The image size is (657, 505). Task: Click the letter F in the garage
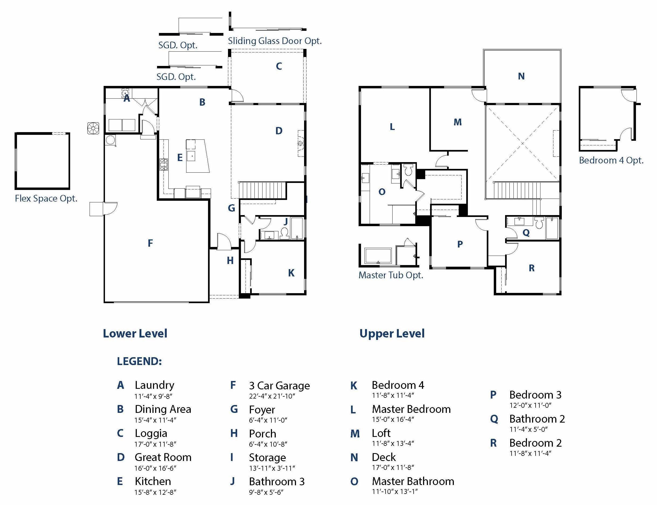pyautogui.click(x=150, y=243)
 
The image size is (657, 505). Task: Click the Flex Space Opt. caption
pyautogui.click(x=46, y=198)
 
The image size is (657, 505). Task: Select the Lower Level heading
pyautogui.click(x=135, y=333)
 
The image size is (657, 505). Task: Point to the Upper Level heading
pyautogui.click(x=392, y=333)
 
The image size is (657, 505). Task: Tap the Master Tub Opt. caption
pyautogui.click(x=391, y=275)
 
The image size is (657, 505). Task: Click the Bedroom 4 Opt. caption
pyautogui.click(x=611, y=160)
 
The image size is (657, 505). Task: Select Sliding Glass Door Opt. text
pyautogui.click(x=275, y=41)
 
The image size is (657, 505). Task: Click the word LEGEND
pyautogui.click(x=139, y=361)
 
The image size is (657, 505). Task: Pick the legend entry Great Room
pyautogui.click(x=163, y=457)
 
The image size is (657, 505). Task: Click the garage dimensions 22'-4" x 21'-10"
pyautogui.click(x=272, y=396)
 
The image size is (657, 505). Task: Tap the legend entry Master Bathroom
pyautogui.click(x=413, y=481)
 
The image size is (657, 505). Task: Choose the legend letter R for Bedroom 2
pyautogui.click(x=493, y=443)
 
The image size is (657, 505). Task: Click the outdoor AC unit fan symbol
pyautogui.click(x=93, y=128)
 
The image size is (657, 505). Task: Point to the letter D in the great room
pyautogui.click(x=279, y=131)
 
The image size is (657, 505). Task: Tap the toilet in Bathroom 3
pyautogui.click(x=284, y=233)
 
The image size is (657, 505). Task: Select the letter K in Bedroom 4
pyautogui.click(x=291, y=273)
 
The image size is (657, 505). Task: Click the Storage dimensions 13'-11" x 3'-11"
pyautogui.click(x=272, y=468)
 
